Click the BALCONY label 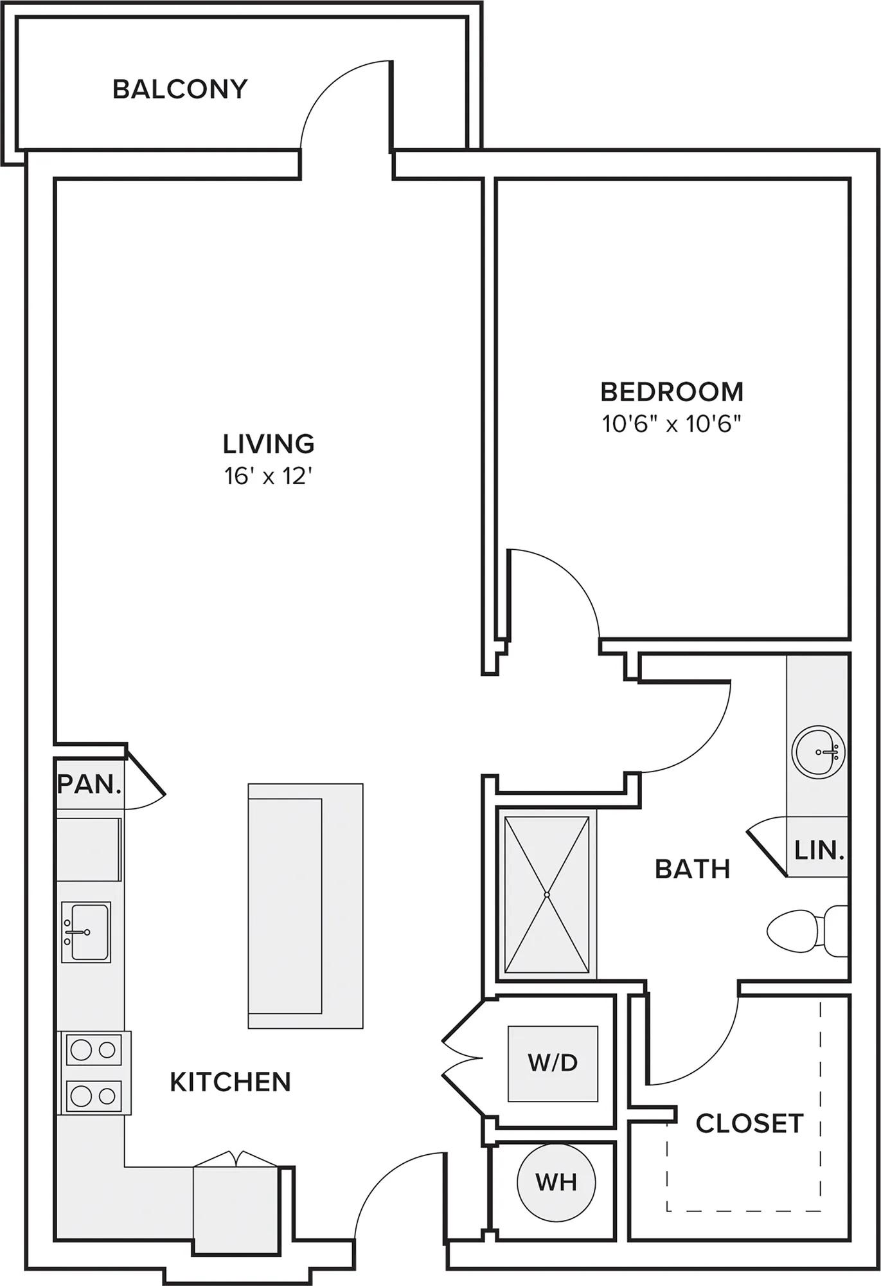180,89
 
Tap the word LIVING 269,444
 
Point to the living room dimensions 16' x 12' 269,476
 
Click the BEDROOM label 672,392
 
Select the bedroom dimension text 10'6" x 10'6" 672,424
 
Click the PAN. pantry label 89,784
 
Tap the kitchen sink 86,932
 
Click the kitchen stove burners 94,1073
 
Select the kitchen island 305,905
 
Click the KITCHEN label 231,1082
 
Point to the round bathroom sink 818,751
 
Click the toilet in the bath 808,930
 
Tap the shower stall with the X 547,894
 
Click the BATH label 693,869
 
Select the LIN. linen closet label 819,851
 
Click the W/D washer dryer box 553,1064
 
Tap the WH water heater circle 556,1182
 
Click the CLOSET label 749,1123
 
